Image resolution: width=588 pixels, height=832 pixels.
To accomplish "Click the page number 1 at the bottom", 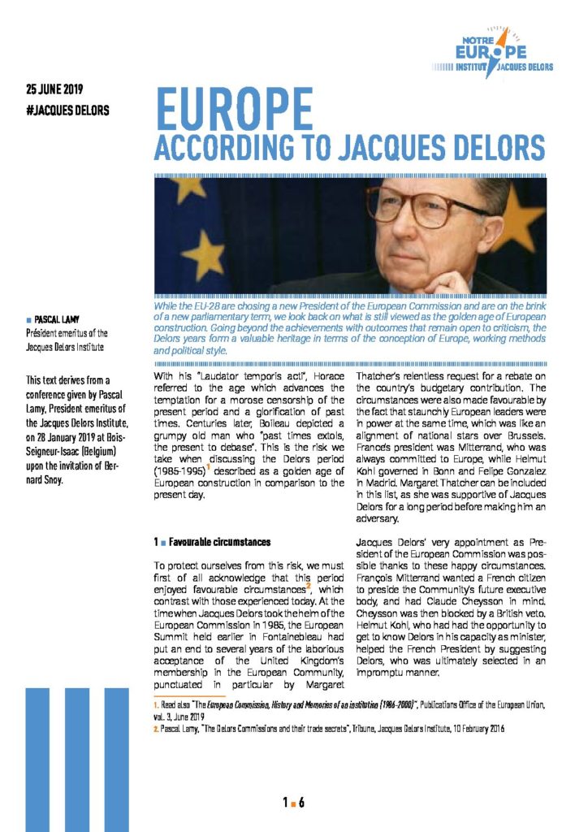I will pos(286,803).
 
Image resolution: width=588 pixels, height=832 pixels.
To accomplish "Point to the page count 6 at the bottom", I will pos(301,803).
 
